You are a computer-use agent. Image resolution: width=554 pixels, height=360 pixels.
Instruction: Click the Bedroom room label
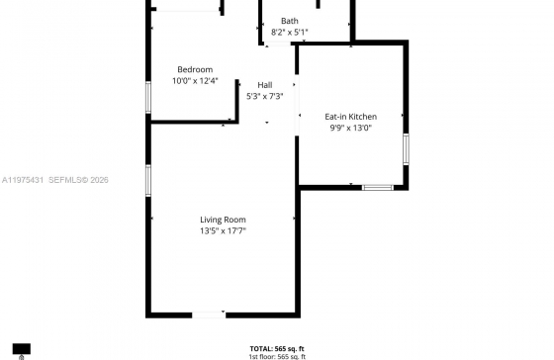click(195, 69)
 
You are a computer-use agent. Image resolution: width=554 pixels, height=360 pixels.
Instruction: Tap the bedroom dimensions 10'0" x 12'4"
click(195, 81)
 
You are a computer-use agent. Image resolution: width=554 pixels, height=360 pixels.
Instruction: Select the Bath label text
click(289, 21)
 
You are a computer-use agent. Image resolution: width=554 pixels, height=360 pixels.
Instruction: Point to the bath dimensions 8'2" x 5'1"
click(289, 32)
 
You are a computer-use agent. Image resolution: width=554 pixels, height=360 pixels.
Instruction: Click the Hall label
click(264, 85)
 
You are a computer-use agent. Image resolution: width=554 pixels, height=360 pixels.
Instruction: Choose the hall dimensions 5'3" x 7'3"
click(264, 96)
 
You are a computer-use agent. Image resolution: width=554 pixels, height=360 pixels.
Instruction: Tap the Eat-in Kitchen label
click(351, 117)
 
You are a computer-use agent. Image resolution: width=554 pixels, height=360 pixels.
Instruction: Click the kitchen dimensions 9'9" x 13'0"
click(351, 128)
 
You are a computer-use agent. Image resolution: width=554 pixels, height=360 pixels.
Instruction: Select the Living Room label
click(223, 220)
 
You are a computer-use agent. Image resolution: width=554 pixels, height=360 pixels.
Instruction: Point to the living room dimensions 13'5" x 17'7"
click(223, 231)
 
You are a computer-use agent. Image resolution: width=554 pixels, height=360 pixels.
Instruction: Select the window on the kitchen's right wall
click(406, 148)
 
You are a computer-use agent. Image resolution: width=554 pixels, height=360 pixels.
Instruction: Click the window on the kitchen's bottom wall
click(377, 186)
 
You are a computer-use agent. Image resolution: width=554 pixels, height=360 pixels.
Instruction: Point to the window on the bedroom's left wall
click(149, 97)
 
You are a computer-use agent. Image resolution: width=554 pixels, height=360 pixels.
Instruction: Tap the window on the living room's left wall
click(149, 180)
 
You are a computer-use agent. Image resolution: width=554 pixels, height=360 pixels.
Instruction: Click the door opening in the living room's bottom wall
click(209, 315)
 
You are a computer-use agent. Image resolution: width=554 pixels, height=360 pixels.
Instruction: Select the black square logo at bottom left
click(22, 350)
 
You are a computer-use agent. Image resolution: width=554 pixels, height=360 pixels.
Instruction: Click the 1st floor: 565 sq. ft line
click(277, 356)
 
